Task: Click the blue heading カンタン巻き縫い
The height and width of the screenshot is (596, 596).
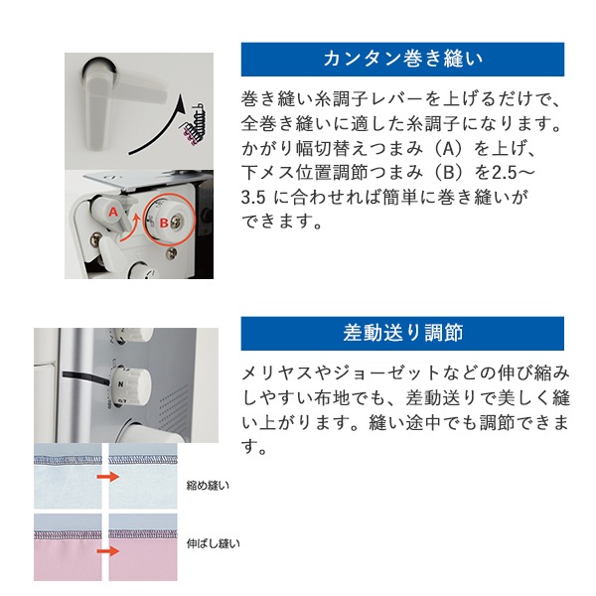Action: coord(402,59)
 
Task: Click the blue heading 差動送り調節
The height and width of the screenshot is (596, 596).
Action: coord(402,333)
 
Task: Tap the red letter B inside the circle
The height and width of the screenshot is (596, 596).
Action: coord(164,223)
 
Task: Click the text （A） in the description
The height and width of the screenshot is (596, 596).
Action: coord(449,150)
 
